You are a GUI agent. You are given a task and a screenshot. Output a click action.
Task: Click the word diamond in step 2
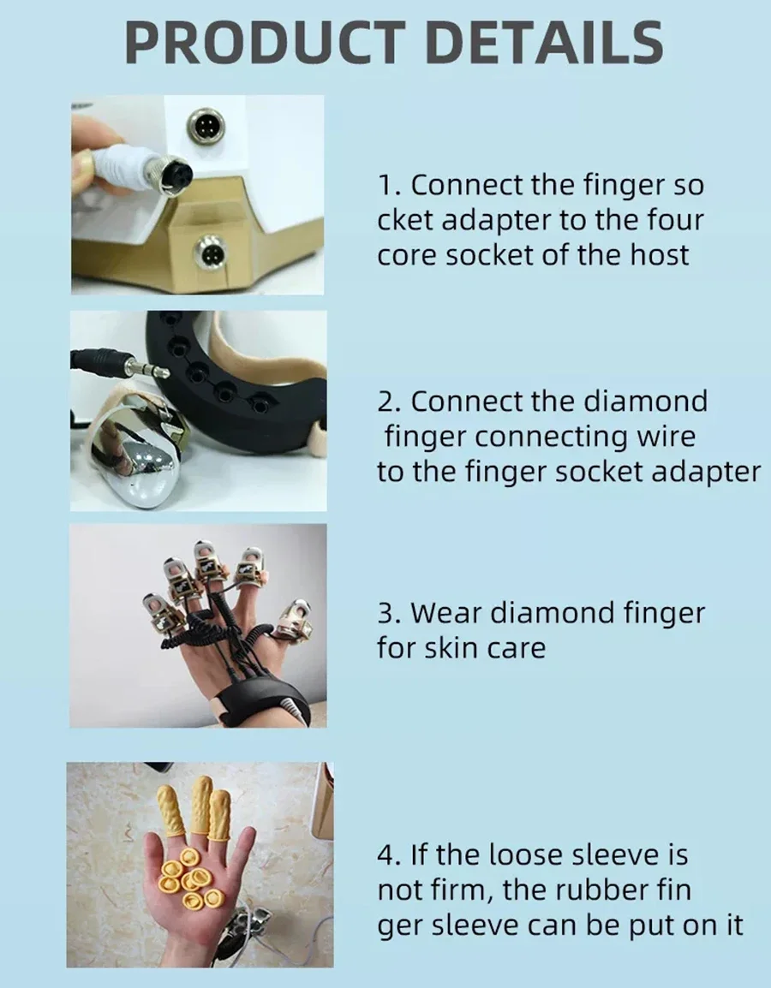[x=646, y=401]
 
